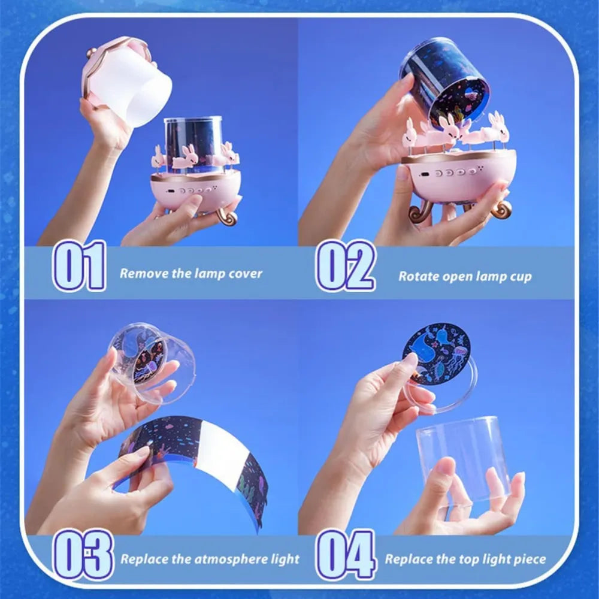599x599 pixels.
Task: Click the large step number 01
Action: pyautogui.click(x=79, y=266)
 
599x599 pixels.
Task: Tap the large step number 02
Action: pyautogui.click(x=346, y=266)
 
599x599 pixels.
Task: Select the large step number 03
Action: pyautogui.click(x=83, y=554)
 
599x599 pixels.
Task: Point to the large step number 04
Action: pyautogui.click(x=346, y=554)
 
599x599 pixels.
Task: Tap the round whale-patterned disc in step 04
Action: pyautogui.click(x=435, y=354)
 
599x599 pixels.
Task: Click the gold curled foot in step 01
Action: pyautogui.click(x=227, y=216)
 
